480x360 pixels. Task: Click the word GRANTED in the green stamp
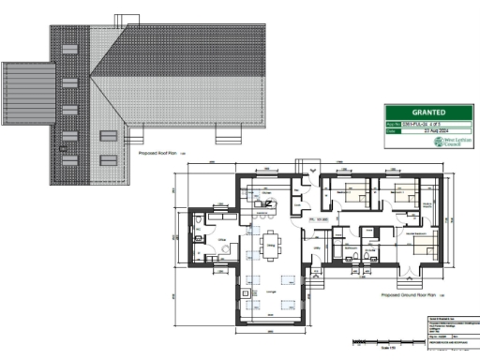429,110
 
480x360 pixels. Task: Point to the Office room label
222,241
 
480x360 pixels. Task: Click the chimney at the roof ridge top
124,19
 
